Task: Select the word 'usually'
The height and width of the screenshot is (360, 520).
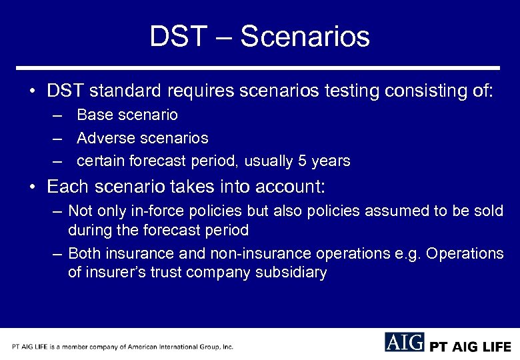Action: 269,161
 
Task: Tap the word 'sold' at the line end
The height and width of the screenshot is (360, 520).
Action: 487,211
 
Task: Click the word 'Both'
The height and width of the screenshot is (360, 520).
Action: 86,254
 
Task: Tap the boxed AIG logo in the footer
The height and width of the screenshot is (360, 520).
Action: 404,343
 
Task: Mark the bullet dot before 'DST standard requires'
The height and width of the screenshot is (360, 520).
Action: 33,91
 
